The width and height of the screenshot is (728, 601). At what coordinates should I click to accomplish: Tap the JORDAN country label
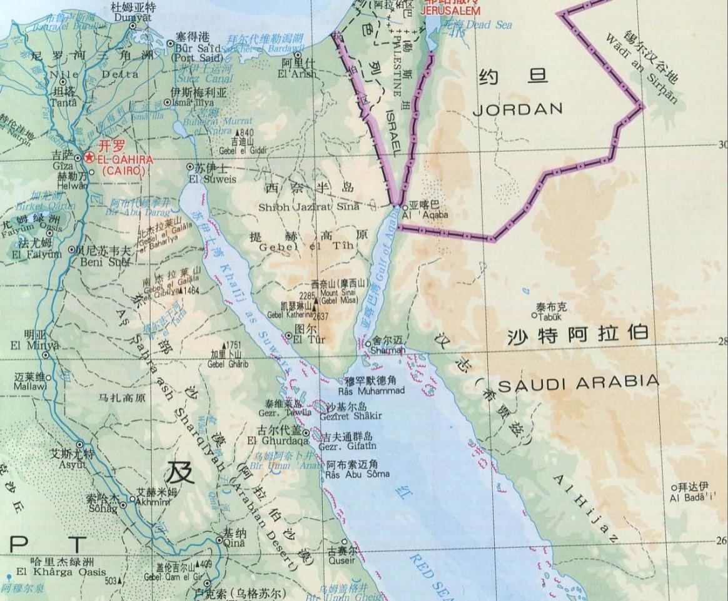click(517, 109)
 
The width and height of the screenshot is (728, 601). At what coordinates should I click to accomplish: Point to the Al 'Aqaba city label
click(425, 215)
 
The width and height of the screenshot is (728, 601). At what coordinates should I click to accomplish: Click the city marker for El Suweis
click(191, 168)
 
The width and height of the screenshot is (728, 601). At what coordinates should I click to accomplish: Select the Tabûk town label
click(549, 316)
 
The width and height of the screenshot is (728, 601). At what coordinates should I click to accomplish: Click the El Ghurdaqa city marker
click(306, 433)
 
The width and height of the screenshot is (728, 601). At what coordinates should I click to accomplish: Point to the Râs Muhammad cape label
click(375, 390)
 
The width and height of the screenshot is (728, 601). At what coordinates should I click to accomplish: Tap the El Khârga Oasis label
click(61, 572)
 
